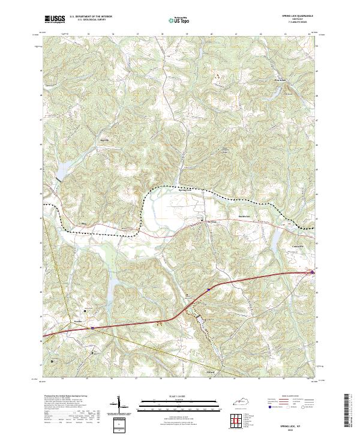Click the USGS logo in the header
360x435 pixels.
[x=55, y=19]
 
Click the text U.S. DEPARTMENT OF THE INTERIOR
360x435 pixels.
[x=91, y=17]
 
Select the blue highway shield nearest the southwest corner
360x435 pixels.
[x=92, y=328]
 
